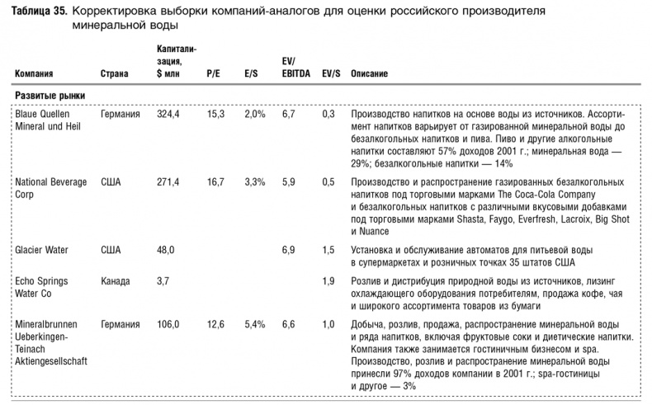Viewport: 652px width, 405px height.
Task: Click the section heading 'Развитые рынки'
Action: click(50, 96)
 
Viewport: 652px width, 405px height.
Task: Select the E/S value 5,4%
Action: click(255, 325)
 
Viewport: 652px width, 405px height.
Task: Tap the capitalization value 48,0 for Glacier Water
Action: click(168, 248)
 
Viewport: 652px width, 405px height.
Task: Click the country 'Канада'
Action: click(115, 281)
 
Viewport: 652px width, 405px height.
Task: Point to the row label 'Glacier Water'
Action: click(41, 248)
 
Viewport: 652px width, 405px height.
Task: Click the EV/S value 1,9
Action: click(328, 281)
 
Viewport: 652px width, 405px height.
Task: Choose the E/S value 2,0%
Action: click(255, 114)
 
